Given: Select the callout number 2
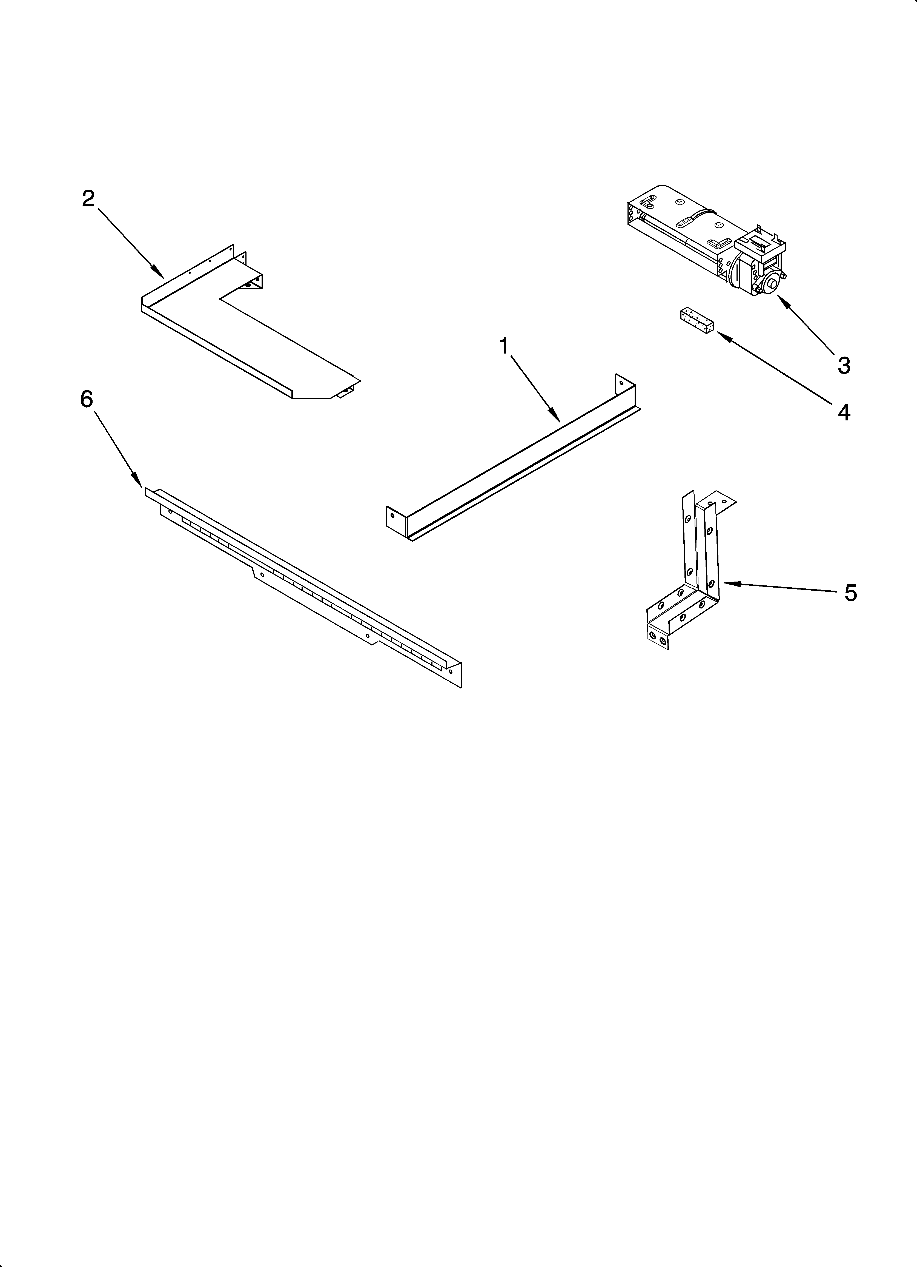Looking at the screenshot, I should [88, 198].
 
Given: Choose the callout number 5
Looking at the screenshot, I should [850, 593].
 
